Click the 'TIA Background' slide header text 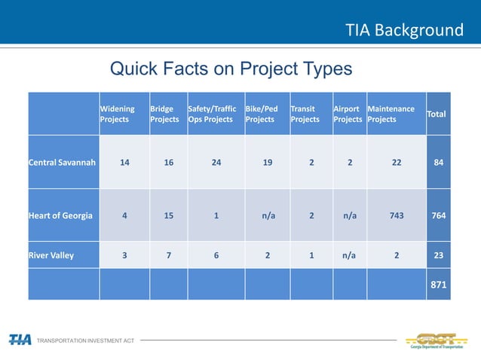(404, 30)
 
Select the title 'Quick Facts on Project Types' (231, 69)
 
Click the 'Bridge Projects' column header (164, 114)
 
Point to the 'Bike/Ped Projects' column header (262, 114)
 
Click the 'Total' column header (437, 114)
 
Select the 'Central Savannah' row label (62, 162)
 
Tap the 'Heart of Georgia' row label (60, 215)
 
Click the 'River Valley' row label (52, 255)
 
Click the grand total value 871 (438, 285)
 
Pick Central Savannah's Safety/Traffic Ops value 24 (216, 162)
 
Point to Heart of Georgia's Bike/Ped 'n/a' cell (268, 215)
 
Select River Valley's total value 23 (438, 255)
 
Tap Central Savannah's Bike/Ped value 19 (268, 162)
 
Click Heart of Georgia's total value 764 (438, 215)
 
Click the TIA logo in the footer (20, 340)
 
